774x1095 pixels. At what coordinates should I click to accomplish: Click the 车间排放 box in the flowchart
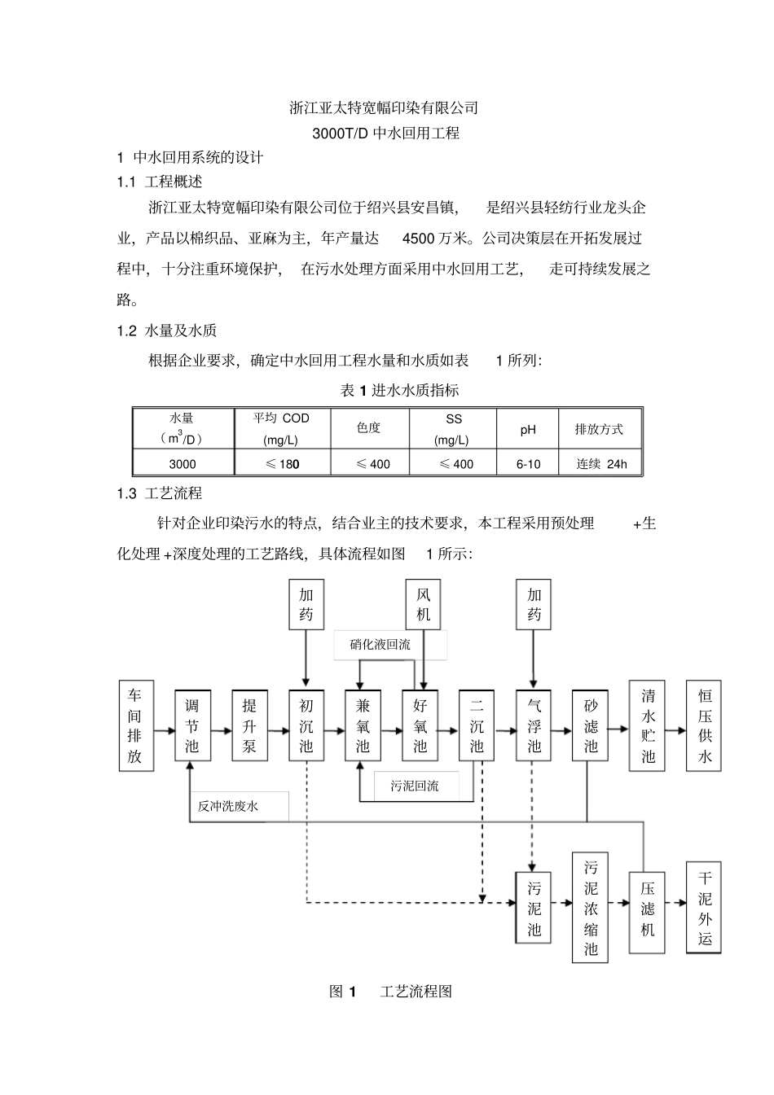[135, 725]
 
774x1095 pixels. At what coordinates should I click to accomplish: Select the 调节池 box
[192, 725]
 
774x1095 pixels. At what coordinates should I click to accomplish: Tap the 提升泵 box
[249, 725]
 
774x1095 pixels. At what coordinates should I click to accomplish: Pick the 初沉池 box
[306, 725]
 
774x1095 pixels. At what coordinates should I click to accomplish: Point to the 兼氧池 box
[363, 725]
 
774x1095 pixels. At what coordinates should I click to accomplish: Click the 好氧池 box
[420, 725]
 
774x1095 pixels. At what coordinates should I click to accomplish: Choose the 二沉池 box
[477, 725]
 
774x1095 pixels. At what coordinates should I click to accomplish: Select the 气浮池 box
[534, 725]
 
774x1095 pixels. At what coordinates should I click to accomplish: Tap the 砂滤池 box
[591, 725]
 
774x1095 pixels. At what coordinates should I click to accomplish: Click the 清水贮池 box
[648, 725]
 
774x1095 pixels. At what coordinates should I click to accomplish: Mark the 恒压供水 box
[705, 725]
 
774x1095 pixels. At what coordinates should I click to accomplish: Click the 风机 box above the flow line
[424, 604]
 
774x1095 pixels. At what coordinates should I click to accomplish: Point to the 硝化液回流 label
[380, 644]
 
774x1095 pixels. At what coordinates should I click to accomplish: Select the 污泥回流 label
[415, 786]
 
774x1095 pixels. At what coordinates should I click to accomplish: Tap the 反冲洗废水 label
[228, 806]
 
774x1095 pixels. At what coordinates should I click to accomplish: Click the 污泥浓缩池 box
[591, 908]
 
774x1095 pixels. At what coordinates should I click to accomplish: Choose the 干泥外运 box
[705, 908]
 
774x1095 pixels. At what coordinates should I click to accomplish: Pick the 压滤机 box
[648, 909]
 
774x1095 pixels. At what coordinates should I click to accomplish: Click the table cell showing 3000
[183, 464]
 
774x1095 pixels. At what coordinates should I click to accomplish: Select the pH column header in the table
[528, 429]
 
